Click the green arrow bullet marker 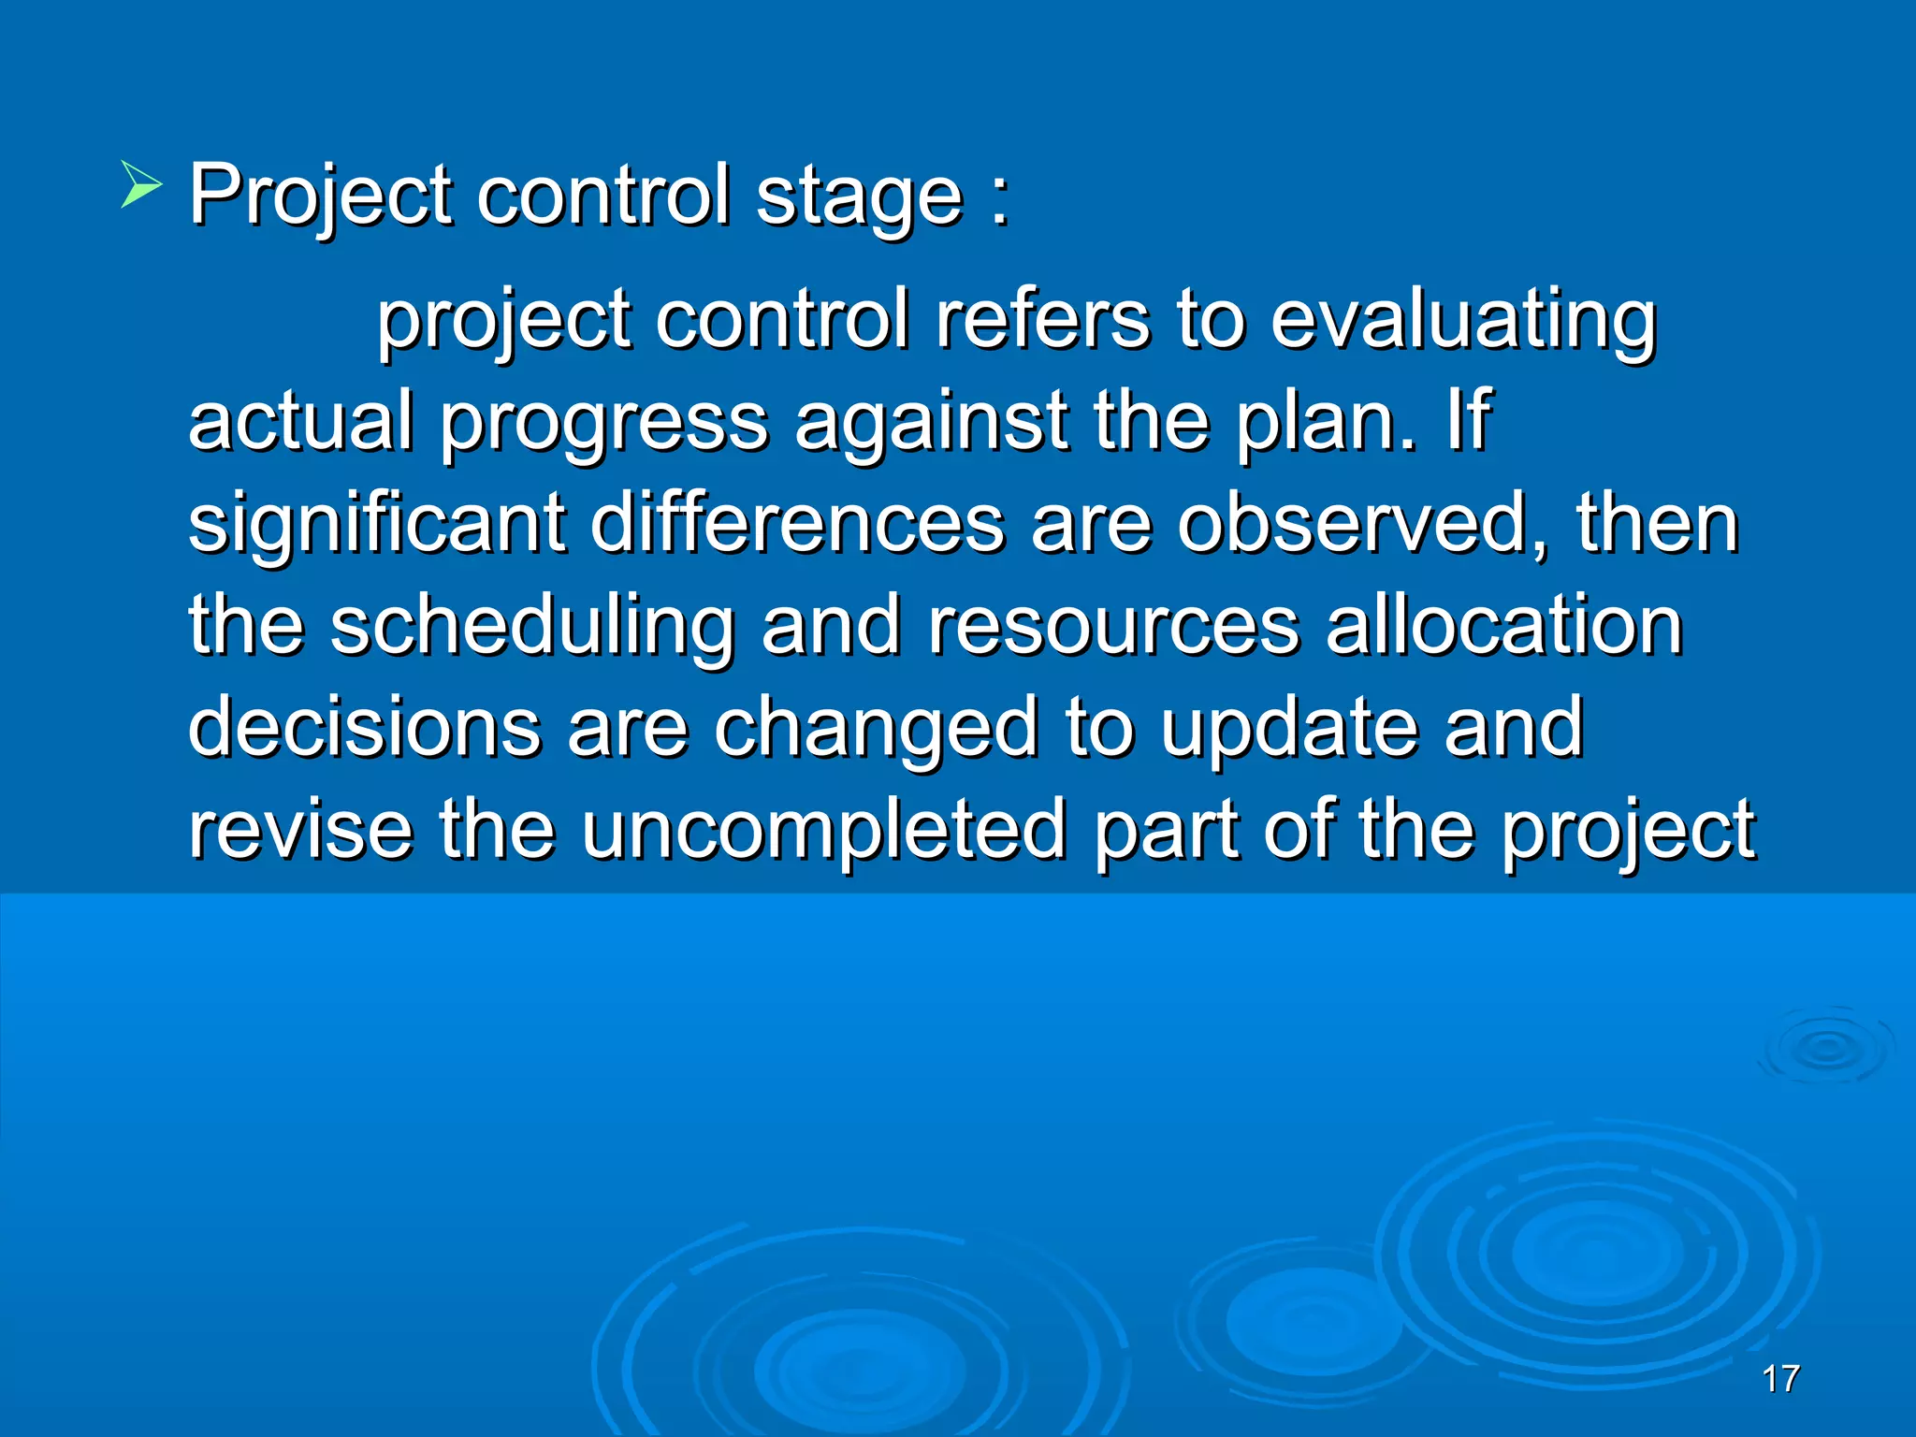[141, 183]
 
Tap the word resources [1113, 627]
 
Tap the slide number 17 [1780, 1379]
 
